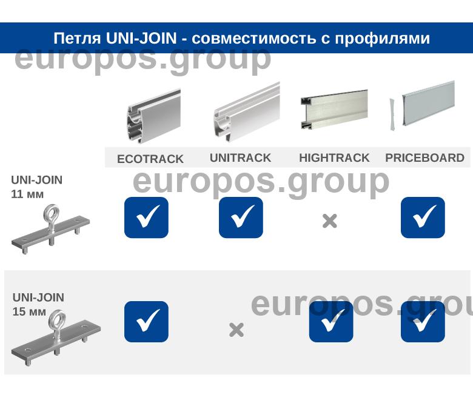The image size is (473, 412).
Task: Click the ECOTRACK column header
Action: pyautogui.click(x=150, y=159)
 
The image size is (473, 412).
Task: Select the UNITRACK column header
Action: pyautogui.click(x=240, y=158)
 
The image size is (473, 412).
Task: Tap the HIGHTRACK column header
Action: pyautogui.click(x=334, y=158)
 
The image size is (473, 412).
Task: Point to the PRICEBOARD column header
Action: pyautogui.click(x=424, y=158)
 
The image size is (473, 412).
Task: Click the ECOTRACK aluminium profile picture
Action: pyautogui.click(x=154, y=116)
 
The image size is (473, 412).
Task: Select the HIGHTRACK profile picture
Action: pyautogui.click(x=334, y=110)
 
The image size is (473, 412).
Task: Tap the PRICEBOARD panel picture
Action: pyautogui.click(x=422, y=105)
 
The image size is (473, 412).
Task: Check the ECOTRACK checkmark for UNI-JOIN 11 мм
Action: pyautogui.click(x=146, y=218)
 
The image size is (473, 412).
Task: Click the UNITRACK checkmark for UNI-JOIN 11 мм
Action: pyautogui.click(x=241, y=218)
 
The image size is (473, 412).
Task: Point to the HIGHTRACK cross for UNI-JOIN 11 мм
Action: pyautogui.click(x=329, y=221)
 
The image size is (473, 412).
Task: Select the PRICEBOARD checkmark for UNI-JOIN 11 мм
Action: pyautogui.click(x=423, y=218)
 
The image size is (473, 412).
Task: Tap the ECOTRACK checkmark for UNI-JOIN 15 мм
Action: pyautogui.click(x=146, y=321)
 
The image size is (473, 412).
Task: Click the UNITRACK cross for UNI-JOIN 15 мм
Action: pyautogui.click(x=236, y=330)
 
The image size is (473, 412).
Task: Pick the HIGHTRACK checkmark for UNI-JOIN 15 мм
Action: pyautogui.click(x=331, y=321)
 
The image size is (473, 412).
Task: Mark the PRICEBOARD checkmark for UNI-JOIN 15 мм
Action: pyautogui.click(x=423, y=321)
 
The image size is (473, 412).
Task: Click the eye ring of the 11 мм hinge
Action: pyautogui.click(x=45, y=214)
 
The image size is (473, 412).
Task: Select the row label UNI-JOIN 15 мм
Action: pyautogui.click(x=38, y=304)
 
